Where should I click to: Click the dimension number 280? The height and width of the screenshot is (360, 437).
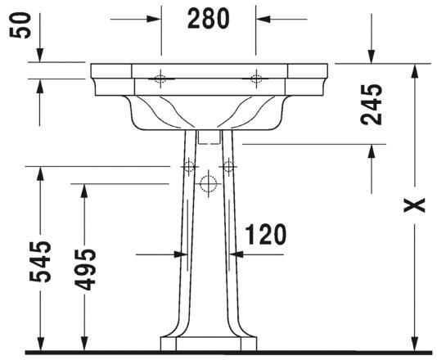pyautogui.click(x=208, y=19)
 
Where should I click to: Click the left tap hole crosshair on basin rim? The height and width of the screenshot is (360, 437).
pyautogui.click(x=160, y=79)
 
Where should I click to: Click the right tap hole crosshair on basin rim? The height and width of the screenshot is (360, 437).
pyautogui.click(x=256, y=79)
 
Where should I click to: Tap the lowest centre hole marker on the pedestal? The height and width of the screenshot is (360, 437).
pyautogui.click(x=209, y=182)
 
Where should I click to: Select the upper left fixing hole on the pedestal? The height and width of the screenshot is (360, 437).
pyautogui.click(x=190, y=167)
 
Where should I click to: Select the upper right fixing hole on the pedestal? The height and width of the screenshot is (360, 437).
pyautogui.click(x=228, y=167)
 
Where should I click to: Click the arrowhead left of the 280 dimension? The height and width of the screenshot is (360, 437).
pyautogui.click(x=154, y=19)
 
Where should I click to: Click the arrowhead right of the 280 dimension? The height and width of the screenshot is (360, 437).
pyautogui.click(x=263, y=19)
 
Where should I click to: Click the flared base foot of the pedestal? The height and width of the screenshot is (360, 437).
pyautogui.click(x=209, y=340)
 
